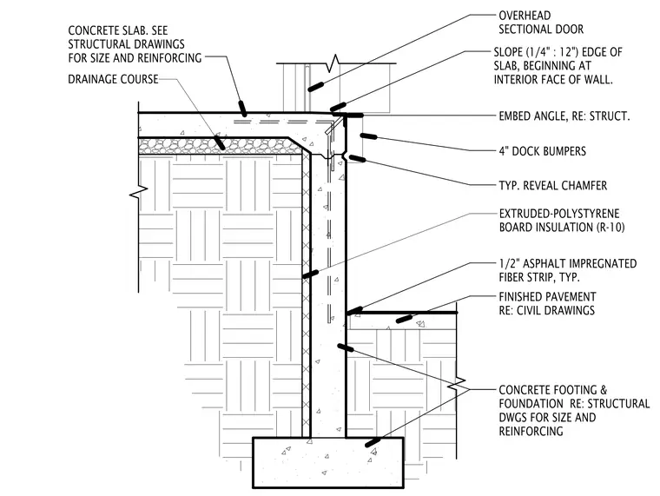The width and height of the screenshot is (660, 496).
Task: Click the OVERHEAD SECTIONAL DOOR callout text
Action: (541, 23)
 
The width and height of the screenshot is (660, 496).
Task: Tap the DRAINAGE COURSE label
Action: (113, 79)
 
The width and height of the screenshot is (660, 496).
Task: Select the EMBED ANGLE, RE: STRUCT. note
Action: (564, 116)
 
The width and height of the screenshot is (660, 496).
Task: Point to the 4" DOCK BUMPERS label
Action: (542, 151)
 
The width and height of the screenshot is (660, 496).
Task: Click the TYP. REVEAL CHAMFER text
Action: (552, 186)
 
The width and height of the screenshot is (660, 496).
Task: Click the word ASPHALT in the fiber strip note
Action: (542, 263)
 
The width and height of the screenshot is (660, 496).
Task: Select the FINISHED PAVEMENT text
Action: (547, 297)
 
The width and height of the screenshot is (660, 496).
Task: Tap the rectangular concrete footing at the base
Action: (328, 463)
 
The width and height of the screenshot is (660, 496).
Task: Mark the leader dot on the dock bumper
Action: (368, 136)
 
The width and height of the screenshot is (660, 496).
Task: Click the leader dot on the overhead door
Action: (316, 86)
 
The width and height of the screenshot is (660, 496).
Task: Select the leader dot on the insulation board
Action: (310, 274)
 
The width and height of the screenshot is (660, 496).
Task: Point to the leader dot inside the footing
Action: (373, 442)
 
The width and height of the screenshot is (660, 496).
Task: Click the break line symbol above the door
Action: (335, 63)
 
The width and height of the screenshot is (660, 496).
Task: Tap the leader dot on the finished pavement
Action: (405, 319)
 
